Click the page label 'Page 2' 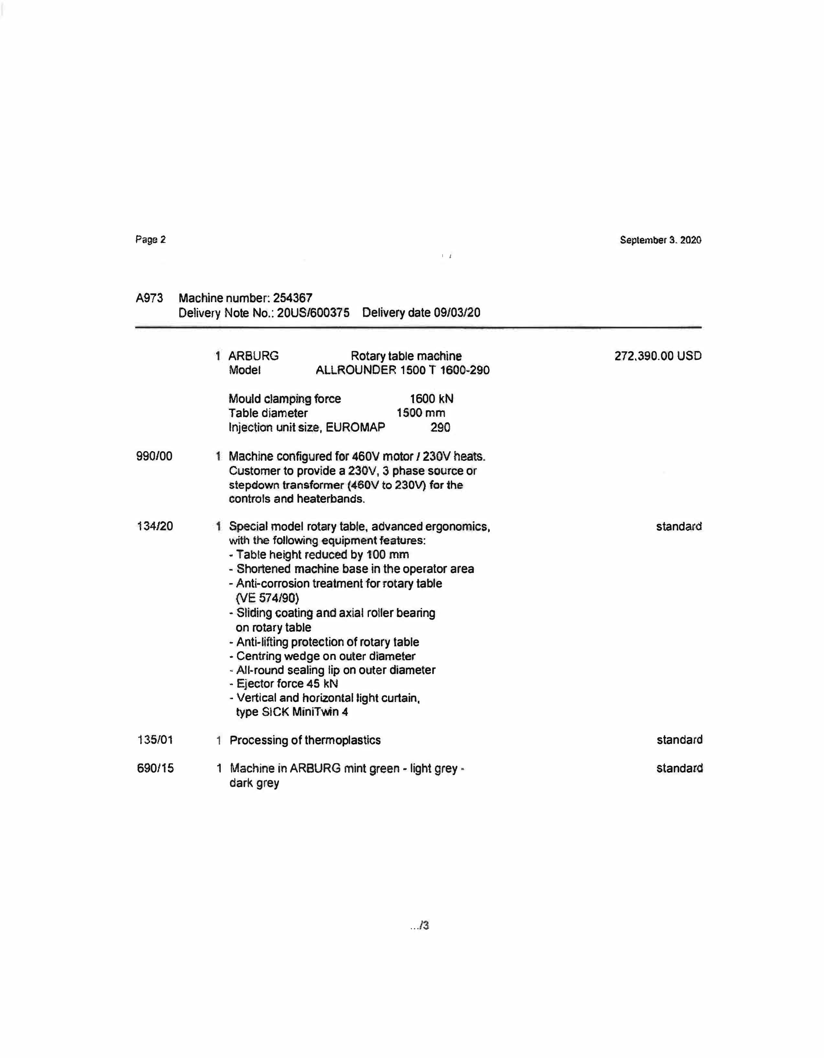click(150, 239)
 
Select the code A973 click(149, 298)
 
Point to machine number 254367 click(293, 298)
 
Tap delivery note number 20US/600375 click(313, 313)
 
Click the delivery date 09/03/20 click(457, 313)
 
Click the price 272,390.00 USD click(658, 356)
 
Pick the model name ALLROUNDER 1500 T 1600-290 click(402, 370)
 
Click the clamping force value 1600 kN click(431, 399)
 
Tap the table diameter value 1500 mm click(421, 413)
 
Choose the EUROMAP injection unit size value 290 click(440, 427)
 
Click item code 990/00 click(154, 456)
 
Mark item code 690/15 click(155, 768)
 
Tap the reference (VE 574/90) click(267, 598)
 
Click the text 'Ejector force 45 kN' click(287, 684)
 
